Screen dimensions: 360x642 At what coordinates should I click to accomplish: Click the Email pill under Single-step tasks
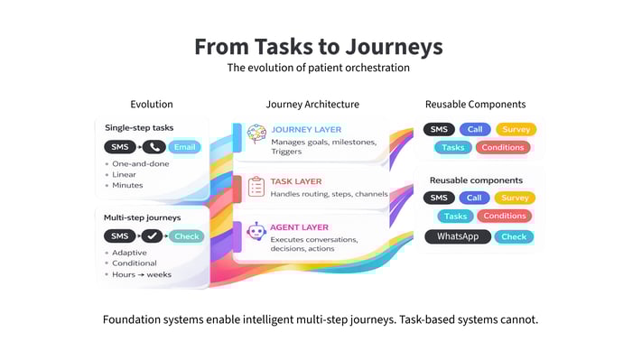[x=184, y=146]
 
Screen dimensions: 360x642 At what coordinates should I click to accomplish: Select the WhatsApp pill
[x=458, y=236]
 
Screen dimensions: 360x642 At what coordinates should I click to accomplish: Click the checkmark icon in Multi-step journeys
[x=153, y=236]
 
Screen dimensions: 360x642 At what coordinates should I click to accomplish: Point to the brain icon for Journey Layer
[x=256, y=134]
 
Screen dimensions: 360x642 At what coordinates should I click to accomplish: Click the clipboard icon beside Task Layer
[x=256, y=186]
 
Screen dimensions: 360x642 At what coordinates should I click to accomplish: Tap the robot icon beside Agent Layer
[x=256, y=233]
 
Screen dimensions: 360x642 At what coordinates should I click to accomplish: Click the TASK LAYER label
[x=296, y=180]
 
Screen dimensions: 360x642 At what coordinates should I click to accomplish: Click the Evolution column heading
[x=152, y=105]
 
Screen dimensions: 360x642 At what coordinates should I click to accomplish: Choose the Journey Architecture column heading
[x=312, y=105]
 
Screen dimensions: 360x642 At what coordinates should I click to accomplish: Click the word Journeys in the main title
[x=393, y=46]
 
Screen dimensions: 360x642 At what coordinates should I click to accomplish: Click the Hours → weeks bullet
[x=143, y=274]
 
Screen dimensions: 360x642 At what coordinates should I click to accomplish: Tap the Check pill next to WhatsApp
[x=513, y=236]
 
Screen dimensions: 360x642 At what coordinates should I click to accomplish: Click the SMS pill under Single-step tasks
[x=118, y=146]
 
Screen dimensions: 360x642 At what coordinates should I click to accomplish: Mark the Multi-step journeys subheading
[x=142, y=217]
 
